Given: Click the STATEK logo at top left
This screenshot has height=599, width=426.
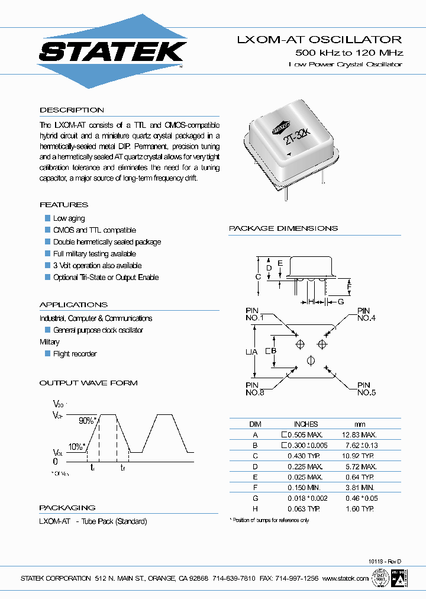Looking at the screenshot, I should (112, 52).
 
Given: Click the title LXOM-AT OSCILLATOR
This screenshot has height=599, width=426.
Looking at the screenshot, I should (319, 40).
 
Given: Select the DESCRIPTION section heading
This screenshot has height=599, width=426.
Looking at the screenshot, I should (72, 110).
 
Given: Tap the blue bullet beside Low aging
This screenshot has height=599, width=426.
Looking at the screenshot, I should (48, 218).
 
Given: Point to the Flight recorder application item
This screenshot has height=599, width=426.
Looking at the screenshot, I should (75, 354).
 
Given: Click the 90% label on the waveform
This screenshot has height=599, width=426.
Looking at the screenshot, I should (87, 420).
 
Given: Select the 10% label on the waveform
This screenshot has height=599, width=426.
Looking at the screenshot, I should (76, 446).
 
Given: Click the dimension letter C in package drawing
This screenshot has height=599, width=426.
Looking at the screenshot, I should (258, 276).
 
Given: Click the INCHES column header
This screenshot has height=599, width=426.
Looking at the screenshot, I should (306, 424).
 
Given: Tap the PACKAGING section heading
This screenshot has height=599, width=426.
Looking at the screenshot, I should (67, 508).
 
